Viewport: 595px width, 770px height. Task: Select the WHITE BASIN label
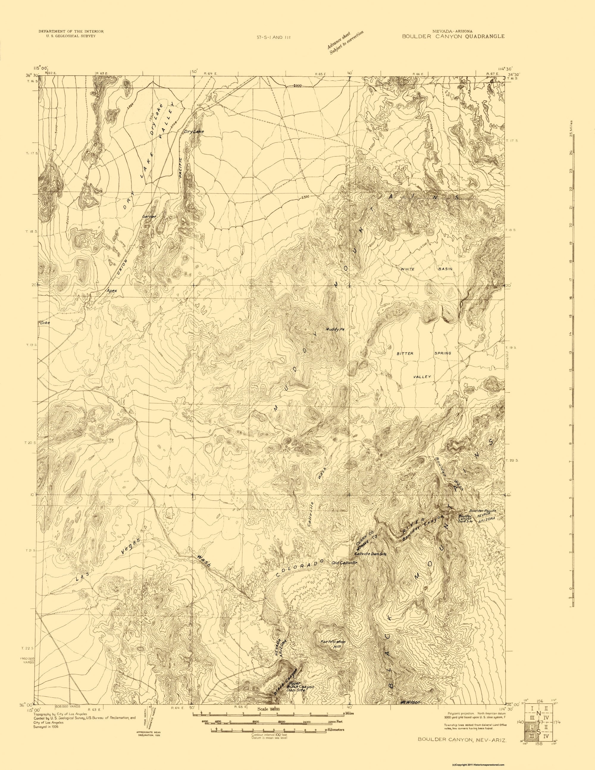[426, 269]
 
